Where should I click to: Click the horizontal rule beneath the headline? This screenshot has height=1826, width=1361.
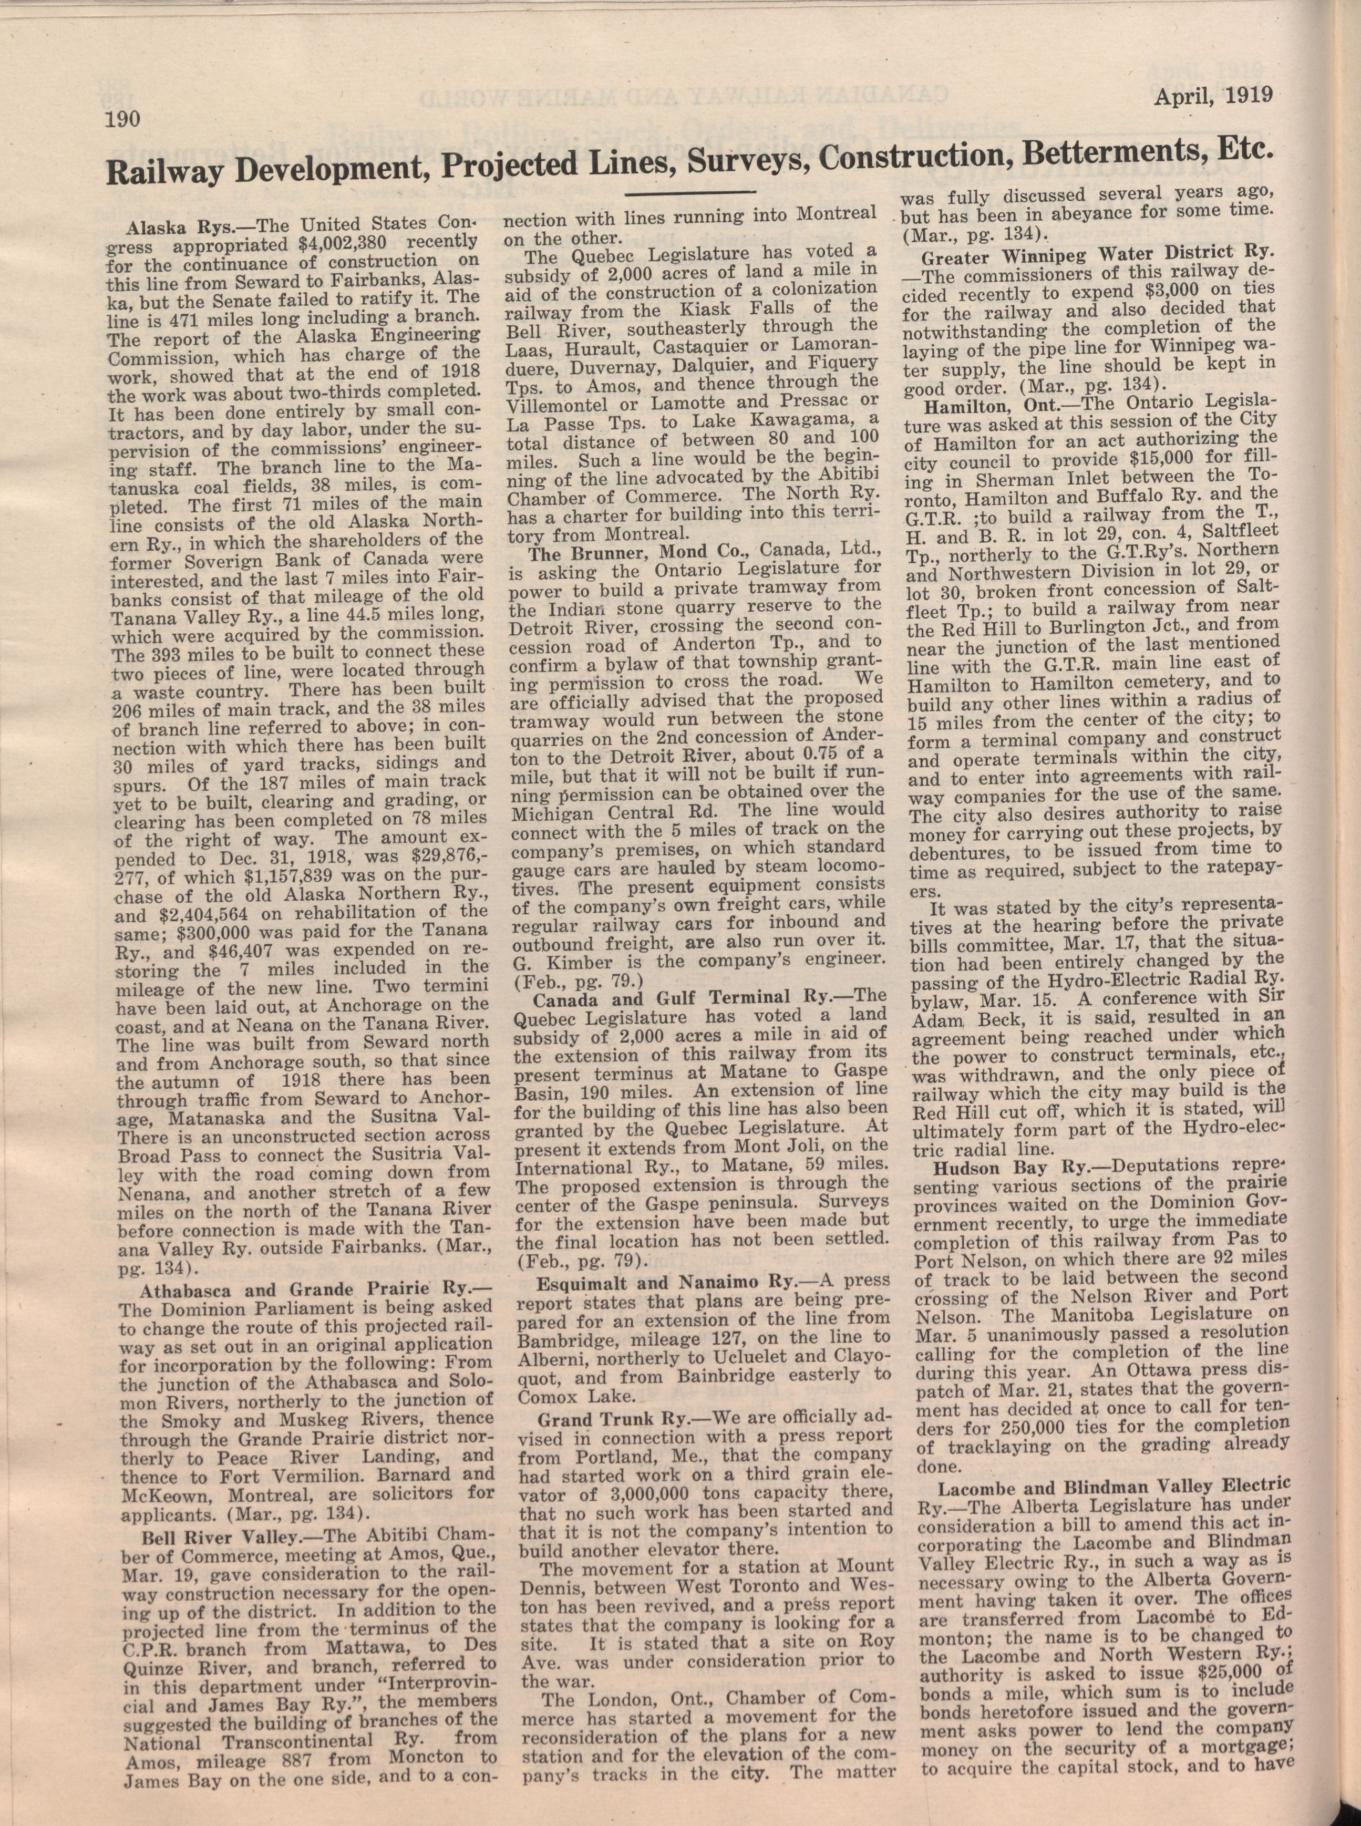coord(690,193)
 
